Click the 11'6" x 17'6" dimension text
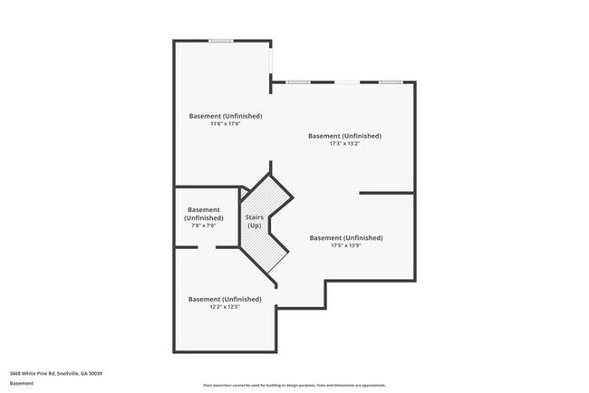pos(225,124)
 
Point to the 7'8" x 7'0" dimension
pos(203,226)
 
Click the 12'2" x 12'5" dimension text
pos(225,307)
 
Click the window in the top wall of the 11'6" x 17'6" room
pos(221,40)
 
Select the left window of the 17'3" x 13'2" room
pos(299,82)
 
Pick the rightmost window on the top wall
pos(391,82)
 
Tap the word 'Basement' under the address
pos(22,383)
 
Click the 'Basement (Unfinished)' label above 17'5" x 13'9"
pos(346,238)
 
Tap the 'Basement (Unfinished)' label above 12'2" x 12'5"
pos(225,299)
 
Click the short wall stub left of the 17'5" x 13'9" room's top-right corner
pos(387,193)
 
